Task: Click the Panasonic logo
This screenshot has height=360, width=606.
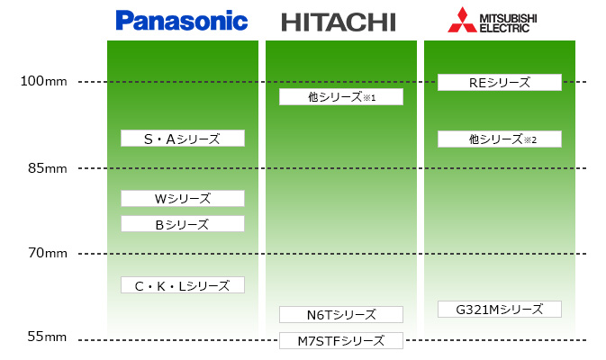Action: click(x=182, y=20)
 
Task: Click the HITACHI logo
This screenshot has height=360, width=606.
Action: click(x=339, y=22)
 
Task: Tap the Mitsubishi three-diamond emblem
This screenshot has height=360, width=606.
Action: click(x=463, y=20)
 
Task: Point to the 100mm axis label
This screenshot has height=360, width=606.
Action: click(x=44, y=82)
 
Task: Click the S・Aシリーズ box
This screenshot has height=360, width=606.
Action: click(x=183, y=138)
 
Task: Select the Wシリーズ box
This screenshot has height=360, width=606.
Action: click(x=183, y=198)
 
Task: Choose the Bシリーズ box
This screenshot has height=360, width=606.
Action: click(x=183, y=224)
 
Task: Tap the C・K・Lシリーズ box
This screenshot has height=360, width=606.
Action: click(x=183, y=285)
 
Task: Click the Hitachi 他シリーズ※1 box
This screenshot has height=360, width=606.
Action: click(x=340, y=96)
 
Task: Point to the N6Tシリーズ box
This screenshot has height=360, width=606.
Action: click(x=340, y=314)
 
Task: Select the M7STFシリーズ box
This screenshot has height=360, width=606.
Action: click(x=340, y=340)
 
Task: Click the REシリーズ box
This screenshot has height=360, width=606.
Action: click(x=500, y=83)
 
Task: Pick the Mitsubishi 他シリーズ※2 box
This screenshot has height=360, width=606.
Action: click(x=500, y=139)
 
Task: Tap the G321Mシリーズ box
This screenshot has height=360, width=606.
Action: click(x=500, y=309)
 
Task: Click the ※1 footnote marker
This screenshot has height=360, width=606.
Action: click(x=368, y=97)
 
